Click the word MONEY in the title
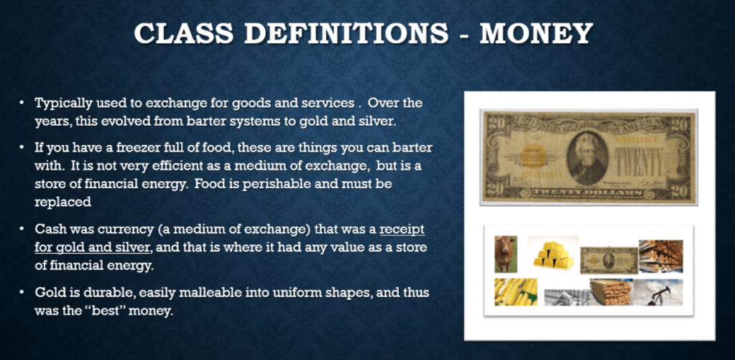536,34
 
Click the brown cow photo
506,254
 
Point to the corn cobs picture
516,292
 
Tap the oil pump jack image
658,292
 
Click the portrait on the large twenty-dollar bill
587,157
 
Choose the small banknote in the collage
609,260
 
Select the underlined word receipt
402,231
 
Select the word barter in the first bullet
198,121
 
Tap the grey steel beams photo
567,297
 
